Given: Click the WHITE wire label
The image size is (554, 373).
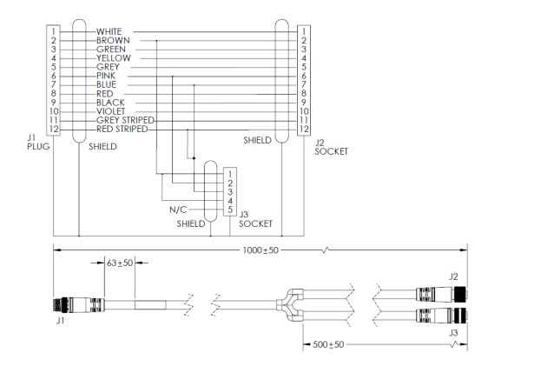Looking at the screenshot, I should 109,31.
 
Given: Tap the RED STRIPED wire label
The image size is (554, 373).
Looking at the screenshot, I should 123,129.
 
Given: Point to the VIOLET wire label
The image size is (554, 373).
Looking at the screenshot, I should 111,111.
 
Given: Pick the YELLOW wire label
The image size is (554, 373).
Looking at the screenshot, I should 113,57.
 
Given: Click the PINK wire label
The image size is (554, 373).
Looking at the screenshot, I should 107,76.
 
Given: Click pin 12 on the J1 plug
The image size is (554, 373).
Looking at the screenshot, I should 53,129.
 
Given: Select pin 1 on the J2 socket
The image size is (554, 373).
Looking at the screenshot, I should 303,31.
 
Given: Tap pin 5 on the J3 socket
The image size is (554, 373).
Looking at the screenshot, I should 229,210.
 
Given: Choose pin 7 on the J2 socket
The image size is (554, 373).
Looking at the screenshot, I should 303,84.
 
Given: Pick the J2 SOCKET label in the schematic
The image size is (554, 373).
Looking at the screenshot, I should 330,146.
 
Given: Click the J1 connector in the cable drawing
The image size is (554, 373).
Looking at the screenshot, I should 68,305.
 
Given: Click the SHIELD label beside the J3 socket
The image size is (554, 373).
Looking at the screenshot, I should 191,223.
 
